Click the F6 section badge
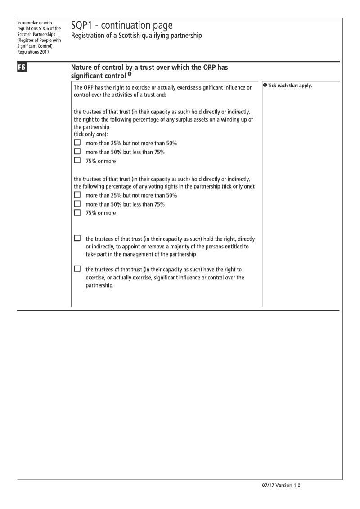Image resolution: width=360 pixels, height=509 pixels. click(22, 68)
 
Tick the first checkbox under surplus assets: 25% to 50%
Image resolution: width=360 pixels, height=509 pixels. click(77, 143)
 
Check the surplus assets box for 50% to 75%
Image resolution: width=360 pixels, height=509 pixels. click(77, 152)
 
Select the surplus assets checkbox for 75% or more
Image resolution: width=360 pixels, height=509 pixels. click(77, 160)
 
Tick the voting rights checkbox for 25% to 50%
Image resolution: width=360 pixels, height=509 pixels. click(77, 195)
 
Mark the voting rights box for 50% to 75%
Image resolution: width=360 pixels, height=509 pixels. click(77, 203)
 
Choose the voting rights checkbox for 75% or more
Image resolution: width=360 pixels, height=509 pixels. click(77, 212)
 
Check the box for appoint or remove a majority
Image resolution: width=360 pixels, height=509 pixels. click(77, 239)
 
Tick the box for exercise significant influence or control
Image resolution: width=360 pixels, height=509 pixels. click(77, 269)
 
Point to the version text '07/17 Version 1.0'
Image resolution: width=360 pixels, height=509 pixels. click(280, 486)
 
